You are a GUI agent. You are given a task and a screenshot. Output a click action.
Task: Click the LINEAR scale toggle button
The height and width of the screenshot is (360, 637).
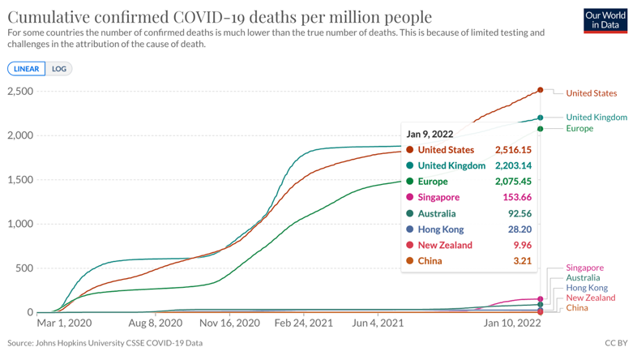[27, 69]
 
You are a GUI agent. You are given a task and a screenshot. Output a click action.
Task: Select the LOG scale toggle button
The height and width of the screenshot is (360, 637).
[59, 69]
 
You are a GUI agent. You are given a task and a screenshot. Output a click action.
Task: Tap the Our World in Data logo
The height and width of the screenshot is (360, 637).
[605, 20]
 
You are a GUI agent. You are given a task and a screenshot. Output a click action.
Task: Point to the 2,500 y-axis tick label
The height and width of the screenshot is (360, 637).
[20, 91]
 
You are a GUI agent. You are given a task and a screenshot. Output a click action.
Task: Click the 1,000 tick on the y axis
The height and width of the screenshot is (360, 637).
[20, 224]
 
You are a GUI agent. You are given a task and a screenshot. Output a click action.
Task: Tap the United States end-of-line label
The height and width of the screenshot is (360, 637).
[591, 93]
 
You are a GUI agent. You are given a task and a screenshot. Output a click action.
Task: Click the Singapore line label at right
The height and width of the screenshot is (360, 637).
[584, 268]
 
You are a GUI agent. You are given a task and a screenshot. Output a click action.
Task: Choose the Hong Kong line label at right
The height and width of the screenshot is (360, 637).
[586, 288]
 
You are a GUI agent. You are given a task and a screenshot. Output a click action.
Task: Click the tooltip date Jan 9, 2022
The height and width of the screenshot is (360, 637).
[430, 134]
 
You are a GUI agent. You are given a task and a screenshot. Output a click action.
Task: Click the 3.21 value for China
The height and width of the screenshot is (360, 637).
[521, 260]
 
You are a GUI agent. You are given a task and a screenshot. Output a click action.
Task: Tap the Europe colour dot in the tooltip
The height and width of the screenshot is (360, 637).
[409, 182]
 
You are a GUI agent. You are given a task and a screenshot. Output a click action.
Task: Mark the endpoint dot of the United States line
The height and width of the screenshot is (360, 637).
[541, 91]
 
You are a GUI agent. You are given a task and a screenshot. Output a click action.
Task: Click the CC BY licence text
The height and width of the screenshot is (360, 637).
[616, 343]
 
